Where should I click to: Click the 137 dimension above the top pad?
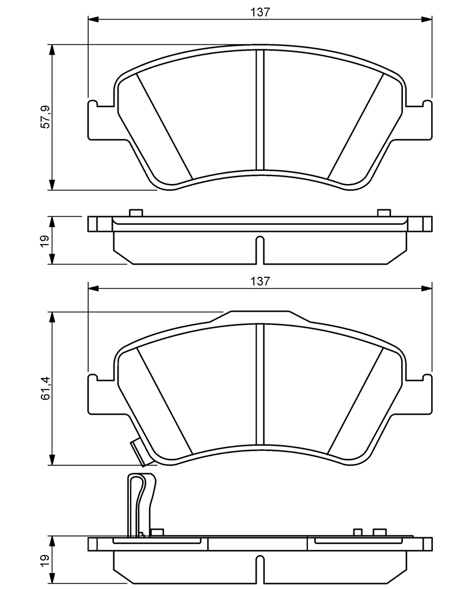[x=260, y=12]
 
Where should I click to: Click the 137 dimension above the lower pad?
[x=260, y=281]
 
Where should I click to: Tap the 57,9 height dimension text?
[x=45, y=117]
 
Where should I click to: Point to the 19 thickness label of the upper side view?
[x=45, y=240]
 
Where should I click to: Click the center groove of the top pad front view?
[x=260, y=110]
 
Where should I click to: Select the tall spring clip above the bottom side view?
[x=140, y=505]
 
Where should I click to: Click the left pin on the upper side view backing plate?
[x=136, y=213]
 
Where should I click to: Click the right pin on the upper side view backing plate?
[x=384, y=213]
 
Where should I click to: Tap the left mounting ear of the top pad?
[x=101, y=120]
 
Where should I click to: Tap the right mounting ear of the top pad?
[x=419, y=120]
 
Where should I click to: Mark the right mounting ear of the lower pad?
[x=419, y=395]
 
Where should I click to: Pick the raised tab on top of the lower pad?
[x=260, y=317]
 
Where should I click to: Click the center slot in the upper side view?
[x=260, y=250]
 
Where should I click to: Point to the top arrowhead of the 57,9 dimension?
[x=52, y=51]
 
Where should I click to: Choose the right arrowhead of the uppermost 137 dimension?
[x=427, y=19]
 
